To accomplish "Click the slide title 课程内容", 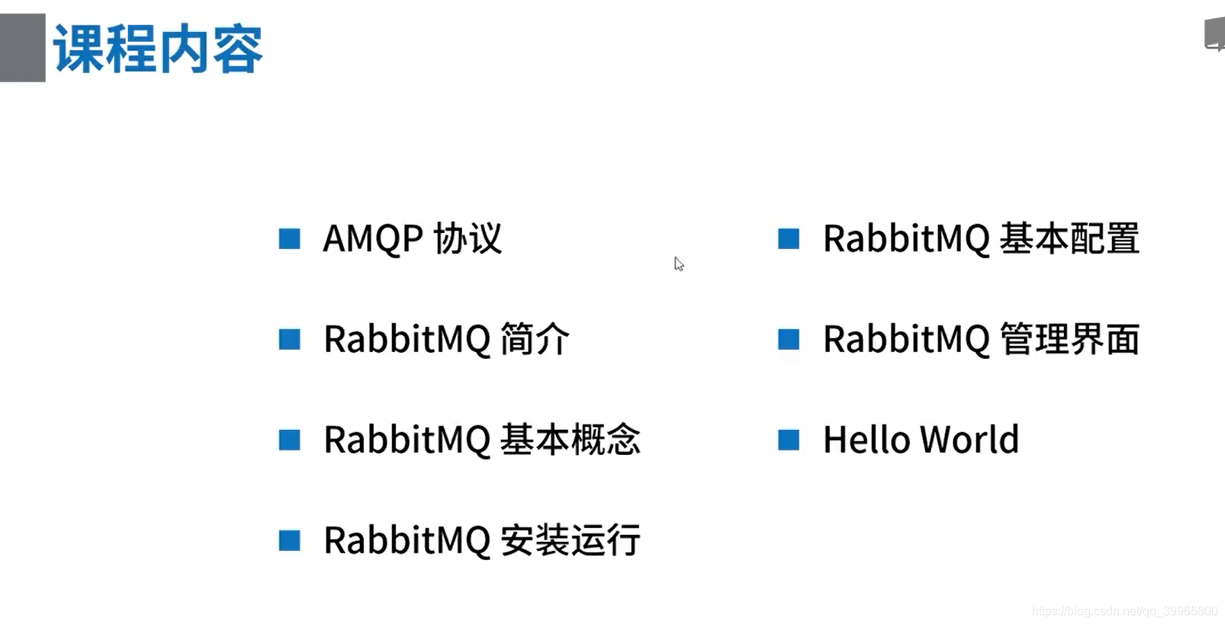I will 158,49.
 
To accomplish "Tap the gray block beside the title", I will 22,47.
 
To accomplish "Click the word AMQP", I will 373,239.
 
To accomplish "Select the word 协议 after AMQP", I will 468,239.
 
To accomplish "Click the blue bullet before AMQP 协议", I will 290,239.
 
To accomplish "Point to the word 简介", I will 535,339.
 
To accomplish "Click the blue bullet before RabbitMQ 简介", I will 290,339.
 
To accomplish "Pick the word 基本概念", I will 570,440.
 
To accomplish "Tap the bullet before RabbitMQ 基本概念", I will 290,440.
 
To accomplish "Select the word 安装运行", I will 570,540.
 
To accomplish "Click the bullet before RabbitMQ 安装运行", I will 290,540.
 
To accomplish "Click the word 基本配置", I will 1069,239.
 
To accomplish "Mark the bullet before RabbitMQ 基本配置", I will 789,239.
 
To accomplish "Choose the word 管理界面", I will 1069,339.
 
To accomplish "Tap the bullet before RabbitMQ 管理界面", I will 789,339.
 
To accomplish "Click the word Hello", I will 867,440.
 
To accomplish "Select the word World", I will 969,440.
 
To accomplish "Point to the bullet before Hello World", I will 789,440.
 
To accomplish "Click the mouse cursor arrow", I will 679,264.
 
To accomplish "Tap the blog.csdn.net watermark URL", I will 1124,611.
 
